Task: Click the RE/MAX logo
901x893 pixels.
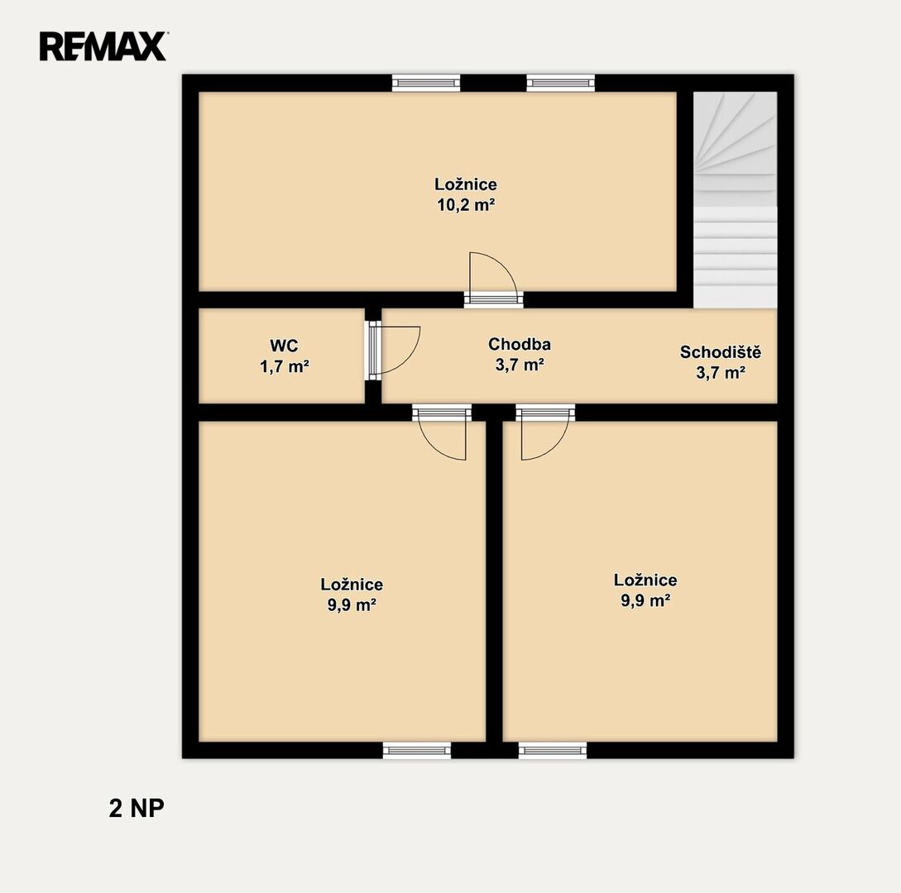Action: (103, 46)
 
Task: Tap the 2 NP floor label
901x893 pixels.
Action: (137, 809)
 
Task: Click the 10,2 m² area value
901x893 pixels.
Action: (466, 205)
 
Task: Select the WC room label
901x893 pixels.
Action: (284, 346)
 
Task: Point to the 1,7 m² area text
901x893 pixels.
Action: (285, 366)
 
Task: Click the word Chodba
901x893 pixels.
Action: (520, 344)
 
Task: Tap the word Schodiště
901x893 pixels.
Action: (721, 351)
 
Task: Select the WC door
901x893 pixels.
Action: (393, 351)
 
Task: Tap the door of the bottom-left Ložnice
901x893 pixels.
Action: (442, 432)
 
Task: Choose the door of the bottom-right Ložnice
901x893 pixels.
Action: (544, 432)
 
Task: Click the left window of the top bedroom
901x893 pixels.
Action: (426, 84)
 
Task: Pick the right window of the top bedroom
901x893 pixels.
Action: (561, 84)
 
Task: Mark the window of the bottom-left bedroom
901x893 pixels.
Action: (417, 749)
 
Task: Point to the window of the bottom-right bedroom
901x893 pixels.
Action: (553, 749)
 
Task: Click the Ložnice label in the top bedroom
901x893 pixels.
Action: (466, 184)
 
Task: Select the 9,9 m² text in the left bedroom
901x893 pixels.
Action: (352, 604)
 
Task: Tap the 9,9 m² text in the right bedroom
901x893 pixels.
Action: (645, 600)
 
